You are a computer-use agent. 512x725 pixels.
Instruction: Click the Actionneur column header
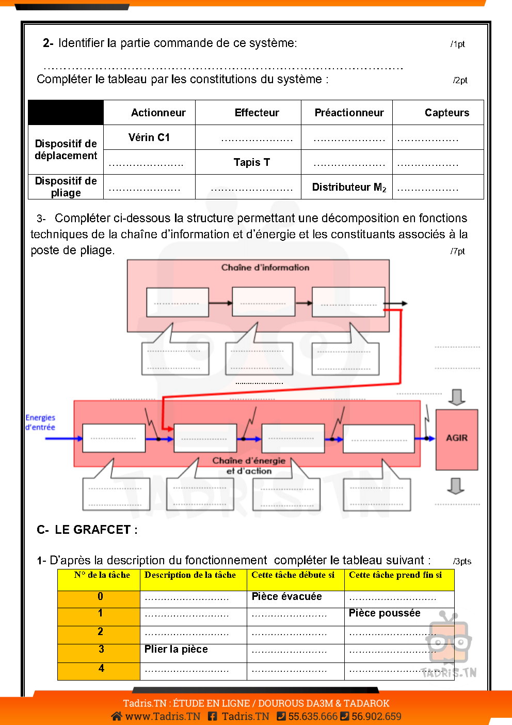point(158,113)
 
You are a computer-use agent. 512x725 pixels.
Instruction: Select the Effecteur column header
point(257,113)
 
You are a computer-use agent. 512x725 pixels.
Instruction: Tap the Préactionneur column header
point(349,113)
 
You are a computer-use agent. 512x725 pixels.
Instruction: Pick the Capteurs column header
point(446,113)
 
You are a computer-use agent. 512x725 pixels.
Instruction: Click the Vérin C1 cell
point(149,137)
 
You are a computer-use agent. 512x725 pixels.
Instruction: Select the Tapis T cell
point(251,162)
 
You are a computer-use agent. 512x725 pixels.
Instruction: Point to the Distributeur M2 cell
point(349,187)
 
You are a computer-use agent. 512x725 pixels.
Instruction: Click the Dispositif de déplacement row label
point(66,149)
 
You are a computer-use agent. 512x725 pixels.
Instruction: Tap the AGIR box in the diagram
point(457,438)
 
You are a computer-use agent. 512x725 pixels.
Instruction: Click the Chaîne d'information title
point(265,267)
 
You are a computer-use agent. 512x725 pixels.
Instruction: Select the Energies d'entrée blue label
point(40,422)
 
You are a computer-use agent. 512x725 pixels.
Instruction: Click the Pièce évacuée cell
point(286,596)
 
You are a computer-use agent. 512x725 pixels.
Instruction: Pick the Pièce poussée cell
point(385,613)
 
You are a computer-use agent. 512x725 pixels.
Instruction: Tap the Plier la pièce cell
point(176,649)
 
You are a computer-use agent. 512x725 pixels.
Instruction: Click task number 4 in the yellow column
point(101,668)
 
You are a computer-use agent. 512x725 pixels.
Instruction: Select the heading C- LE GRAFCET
point(87,530)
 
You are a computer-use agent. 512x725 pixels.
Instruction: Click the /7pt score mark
point(457,251)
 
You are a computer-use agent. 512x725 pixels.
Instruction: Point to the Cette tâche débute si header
point(293,575)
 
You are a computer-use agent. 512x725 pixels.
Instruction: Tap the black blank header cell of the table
point(66,112)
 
